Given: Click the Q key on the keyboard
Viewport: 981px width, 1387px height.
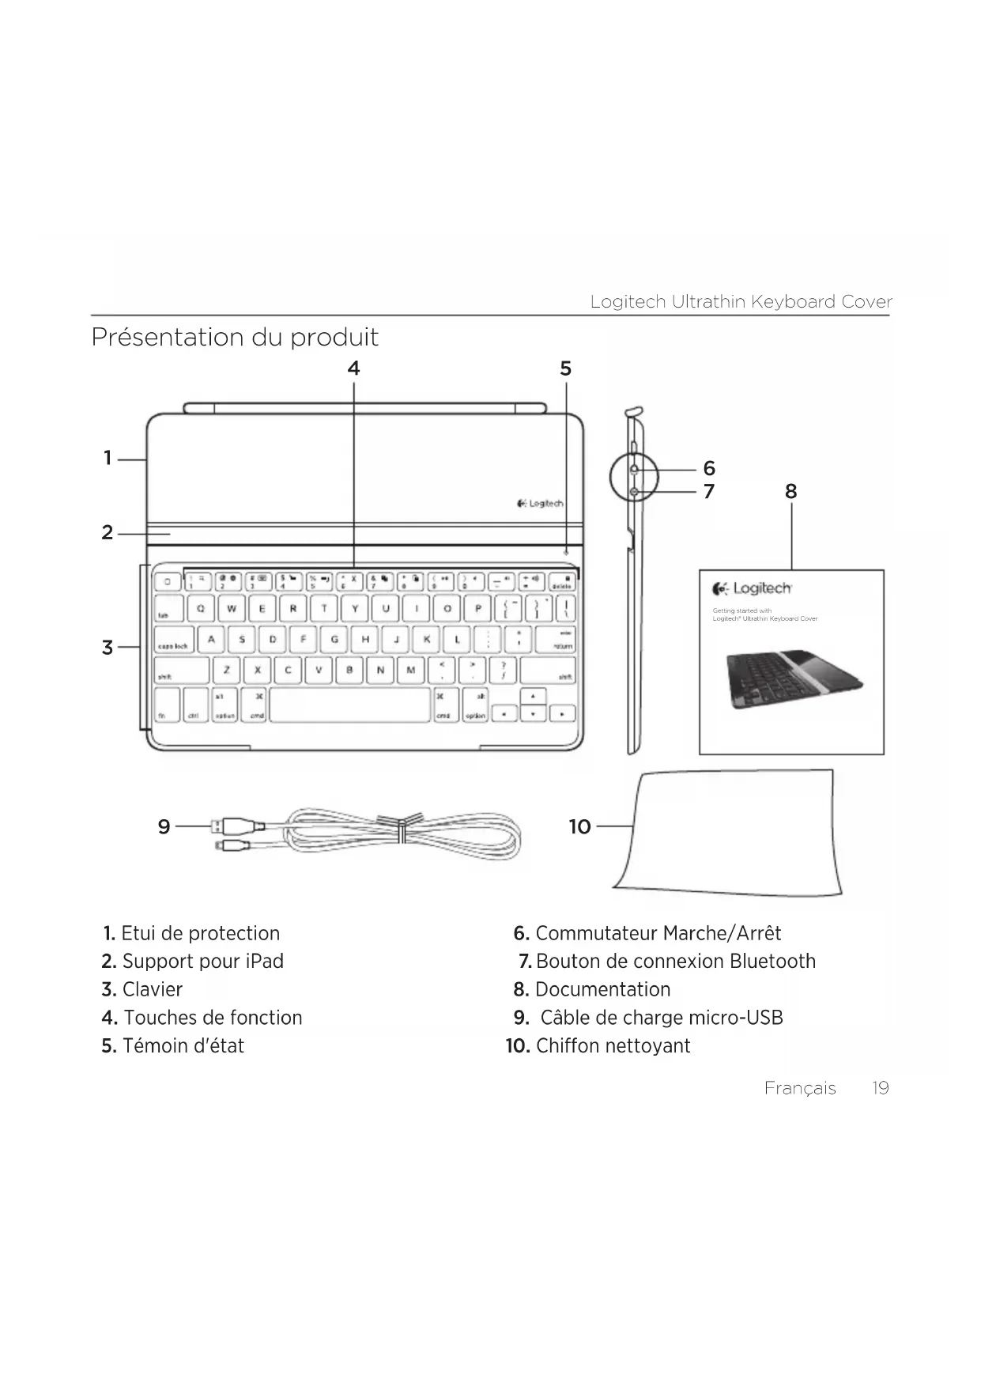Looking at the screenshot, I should click(201, 609).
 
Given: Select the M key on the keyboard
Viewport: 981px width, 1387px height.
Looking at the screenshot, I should click(410, 671).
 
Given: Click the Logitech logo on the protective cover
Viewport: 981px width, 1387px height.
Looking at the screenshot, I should click(540, 504).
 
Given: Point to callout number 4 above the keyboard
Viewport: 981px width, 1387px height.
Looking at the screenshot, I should click(353, 368).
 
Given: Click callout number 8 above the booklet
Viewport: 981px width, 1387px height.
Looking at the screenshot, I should click(790, 492).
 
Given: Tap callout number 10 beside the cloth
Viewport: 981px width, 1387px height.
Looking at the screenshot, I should click(580, 827).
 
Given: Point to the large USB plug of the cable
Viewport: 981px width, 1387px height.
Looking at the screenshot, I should click(235, 826).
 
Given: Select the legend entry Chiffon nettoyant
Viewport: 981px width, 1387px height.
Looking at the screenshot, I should click(613, 1046).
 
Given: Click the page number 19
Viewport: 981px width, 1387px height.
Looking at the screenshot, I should click(880, 1088).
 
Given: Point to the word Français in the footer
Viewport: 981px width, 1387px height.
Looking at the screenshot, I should click(799, 1088).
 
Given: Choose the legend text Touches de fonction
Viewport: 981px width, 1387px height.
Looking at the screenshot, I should click(213, 1018).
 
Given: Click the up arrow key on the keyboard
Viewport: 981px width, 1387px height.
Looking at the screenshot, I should click(534, 697).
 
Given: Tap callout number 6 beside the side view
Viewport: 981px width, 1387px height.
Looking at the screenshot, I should click(709, 469).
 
